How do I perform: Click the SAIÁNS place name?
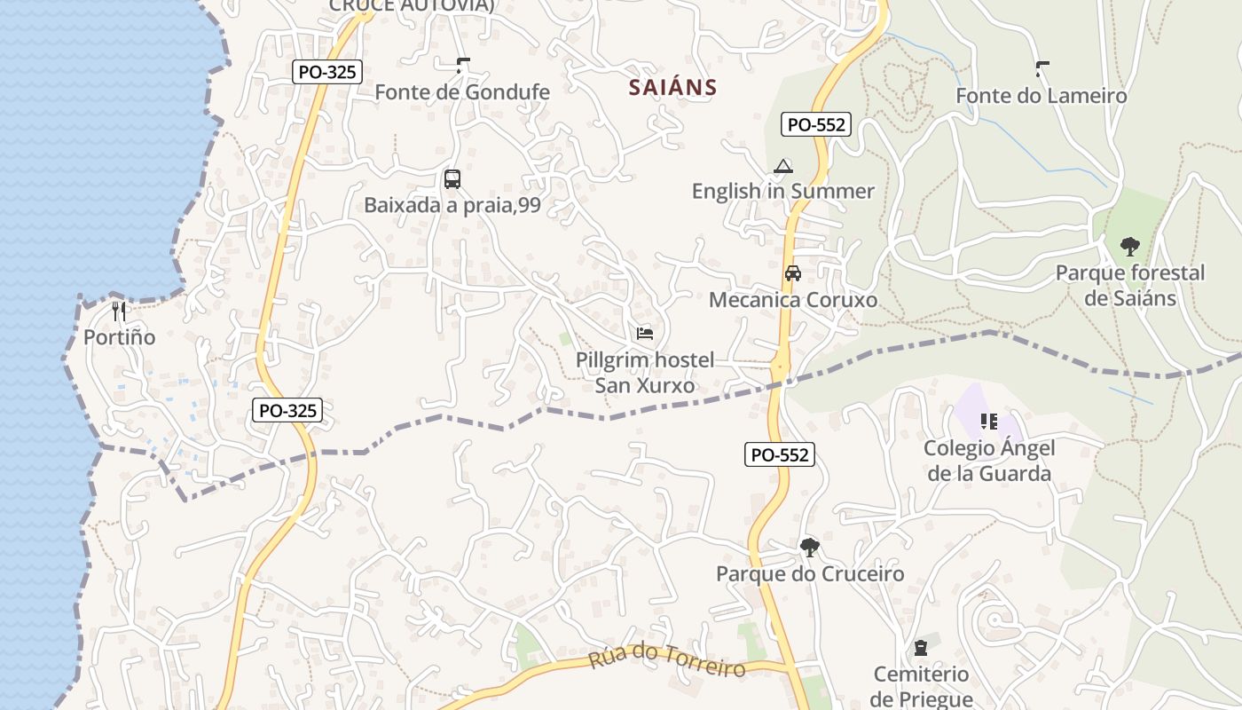pos(672,87)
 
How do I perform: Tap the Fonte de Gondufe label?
pos(462,92)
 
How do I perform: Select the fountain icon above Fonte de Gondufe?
pos(462,65)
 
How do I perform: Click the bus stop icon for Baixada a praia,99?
pos(452,179)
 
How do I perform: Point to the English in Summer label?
pos(782,191)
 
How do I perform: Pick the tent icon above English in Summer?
pos(782,166)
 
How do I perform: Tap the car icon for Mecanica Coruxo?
pos(793,273)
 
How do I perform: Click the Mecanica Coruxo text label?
pos(793,300)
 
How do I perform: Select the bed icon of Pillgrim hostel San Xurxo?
pos(645,334)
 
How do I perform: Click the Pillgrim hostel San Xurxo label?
pos(645,373)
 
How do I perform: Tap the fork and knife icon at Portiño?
pos(120,312)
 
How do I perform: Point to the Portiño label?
pos(120,337)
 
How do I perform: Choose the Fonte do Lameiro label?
pos(1042,96)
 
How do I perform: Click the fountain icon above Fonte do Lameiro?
pos(1042,67)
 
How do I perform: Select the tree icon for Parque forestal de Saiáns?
pos(1129,246)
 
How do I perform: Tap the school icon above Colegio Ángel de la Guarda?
pos(989,422)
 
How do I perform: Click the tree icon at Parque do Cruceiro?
pos(809,547)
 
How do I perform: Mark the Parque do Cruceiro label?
pos(810,573)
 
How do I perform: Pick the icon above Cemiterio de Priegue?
pos(921,648)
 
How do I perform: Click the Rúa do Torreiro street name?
pos(667,660)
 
